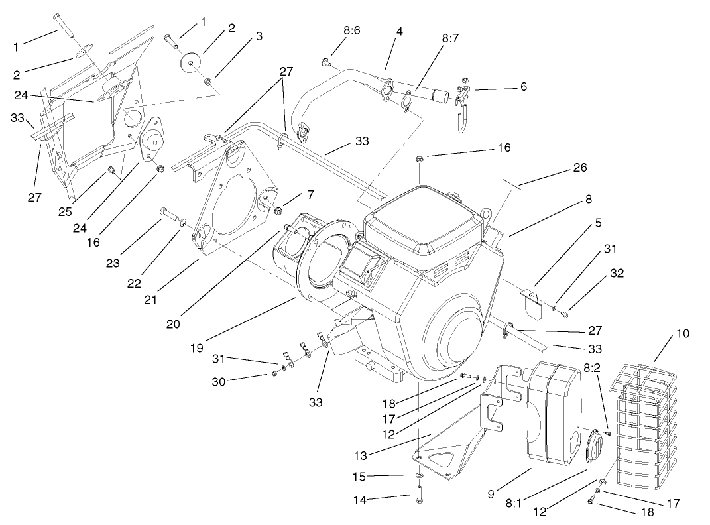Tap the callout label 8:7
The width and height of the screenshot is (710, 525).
click(451, 39)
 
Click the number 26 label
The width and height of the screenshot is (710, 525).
click(579, 168)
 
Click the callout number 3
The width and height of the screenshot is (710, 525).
click(259, 36)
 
